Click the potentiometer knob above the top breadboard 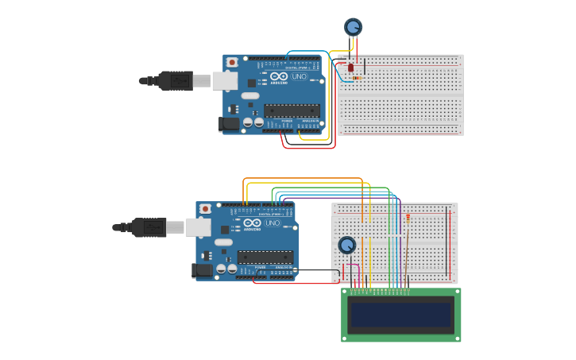pyautogui.click(x=353, y=27)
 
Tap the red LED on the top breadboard pyautogui.click(x=350, y=68)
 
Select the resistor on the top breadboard pyautogui.click(x=356, y=78)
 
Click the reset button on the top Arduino pyautogui.click(x=232, y=62)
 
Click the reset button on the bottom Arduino pyautogui.click(x=205, y=209)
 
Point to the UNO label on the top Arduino pyautogui.click(x=299, y=76)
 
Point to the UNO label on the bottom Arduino pyautogui.click(x=272, y=223)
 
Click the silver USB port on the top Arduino pyautogui.click(x=224, y=80)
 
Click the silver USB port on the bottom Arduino pyautogui.click(x=198, y=227)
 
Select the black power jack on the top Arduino pyautogui.click(x=229, y=123)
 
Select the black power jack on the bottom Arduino pyautogui.click(x=202, y=270)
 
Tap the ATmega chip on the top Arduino pyautogui.click(x=292, y=110)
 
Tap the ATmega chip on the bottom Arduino pyautogui.click(x=265, y=257)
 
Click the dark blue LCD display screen pyautogui.click(x=401, y=315)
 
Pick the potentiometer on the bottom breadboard pyautogui.click(x=347, y=245)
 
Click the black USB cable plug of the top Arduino pyautogui.click(x=175, y=80)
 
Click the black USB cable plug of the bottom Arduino pyautogui.click(x=149, y=227)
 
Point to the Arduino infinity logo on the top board pyautogui.click(x=279, y=76)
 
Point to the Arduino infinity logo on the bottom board pyautogui.click(x=252, y=223)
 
